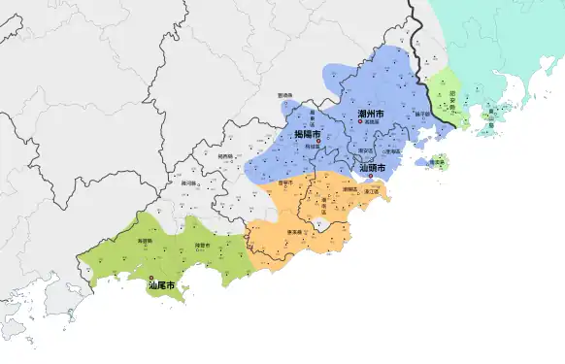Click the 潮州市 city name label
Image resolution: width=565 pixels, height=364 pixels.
pyautogui.click(x=371, y=115)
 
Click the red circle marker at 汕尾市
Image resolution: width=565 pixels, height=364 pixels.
pyautogui.click(x=150, y=278)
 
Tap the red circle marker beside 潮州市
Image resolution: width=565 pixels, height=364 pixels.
pyautogui.click(x=360, y=123)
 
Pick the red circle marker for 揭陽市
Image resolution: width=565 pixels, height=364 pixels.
pyautogui.click(x=317, y=142)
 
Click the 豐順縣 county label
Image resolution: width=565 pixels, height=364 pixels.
pyautogui.click(x=285, y=95)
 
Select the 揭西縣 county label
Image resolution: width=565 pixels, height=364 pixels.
pyautogui.click(x=225, y=155)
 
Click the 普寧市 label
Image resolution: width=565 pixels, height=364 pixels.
pyautogui.click(x=285, y=182)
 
